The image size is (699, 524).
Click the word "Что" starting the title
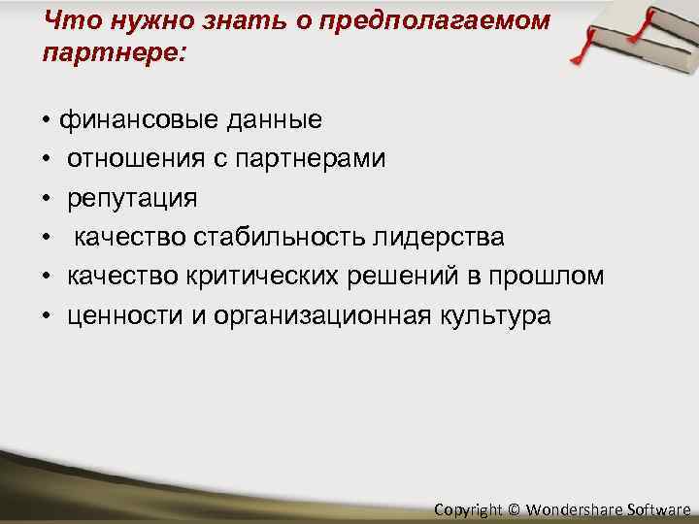click(x=71, y=21)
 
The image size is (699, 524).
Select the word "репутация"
click(x=132, y=199)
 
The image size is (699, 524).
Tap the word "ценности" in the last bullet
click(x=122, y=316)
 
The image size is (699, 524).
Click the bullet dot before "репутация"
click(x=47, y=200)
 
